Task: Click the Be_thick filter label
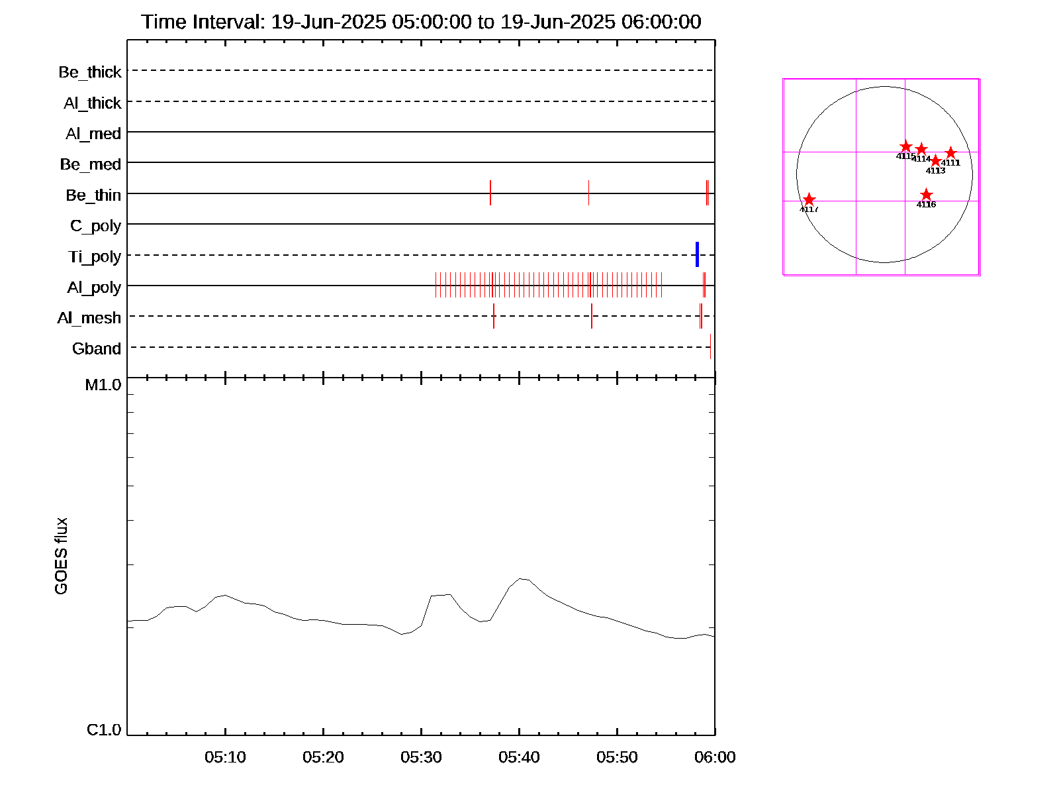[90, 72]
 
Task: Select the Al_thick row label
[93, 103]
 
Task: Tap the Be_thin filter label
[93, 195]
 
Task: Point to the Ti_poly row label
[95, 256]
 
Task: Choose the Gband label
[97, 349]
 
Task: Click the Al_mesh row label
[89, 318]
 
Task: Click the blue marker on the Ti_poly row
[697, 254]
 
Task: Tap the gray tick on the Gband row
[710, 346]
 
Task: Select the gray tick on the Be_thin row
[588, 193]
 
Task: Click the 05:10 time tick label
[225, 757]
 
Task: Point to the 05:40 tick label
[519, 757]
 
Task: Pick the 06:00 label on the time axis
[715, 757]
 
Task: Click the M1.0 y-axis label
[103, 385]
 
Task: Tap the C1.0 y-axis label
[104, 730]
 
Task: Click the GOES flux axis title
[61, 556]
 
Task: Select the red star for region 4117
[809, 199]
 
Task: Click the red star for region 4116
[926, 195]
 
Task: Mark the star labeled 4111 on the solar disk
[950, 153]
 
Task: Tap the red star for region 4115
[906, 146]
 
